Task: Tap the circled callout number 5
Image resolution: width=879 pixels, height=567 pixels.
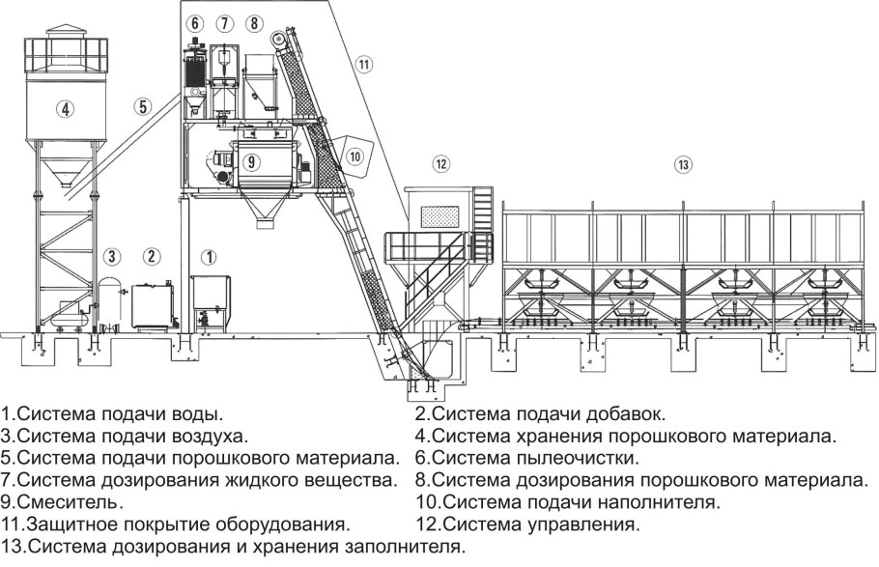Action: (x=143, y=106)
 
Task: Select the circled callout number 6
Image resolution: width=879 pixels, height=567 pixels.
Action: (x=195, y=22)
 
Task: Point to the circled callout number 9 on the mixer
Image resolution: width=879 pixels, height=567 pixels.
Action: (x=249, y=161)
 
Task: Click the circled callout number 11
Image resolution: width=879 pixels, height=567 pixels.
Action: (x=363, y=65)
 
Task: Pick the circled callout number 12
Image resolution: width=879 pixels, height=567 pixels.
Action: (x=440, y=164)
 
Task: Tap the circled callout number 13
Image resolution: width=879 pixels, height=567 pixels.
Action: (x=683, y=164)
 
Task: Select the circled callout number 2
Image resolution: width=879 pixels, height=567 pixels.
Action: (x=151, y=256)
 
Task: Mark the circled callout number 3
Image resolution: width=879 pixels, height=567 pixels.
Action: (x=113, y=256)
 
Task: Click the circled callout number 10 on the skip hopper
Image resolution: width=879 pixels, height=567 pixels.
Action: (x=354, y=156)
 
